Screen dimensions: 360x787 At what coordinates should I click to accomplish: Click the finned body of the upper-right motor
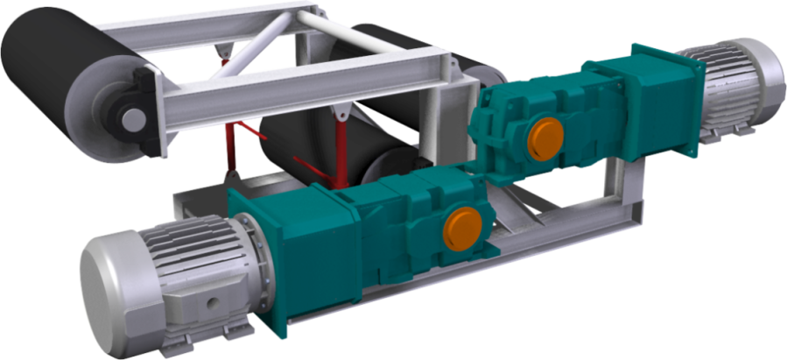[718, 88]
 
